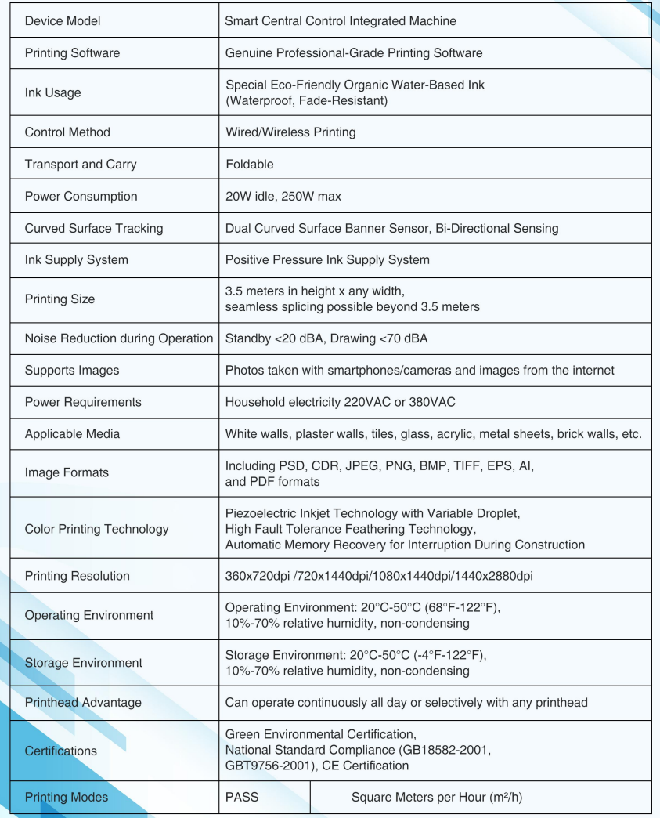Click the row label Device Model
point(63,22)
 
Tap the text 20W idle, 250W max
point(283,197)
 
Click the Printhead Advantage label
point(83,702)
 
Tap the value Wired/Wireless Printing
point(290,132)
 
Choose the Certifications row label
point(62,751)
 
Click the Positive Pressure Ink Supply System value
point(327,259)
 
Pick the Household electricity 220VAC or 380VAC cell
point(340,402)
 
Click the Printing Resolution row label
point(78,576)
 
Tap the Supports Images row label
point(72,370)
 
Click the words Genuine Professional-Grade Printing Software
point(354,53)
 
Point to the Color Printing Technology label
point(96,529)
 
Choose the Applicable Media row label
point(72,433)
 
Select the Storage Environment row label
point(83,663)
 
